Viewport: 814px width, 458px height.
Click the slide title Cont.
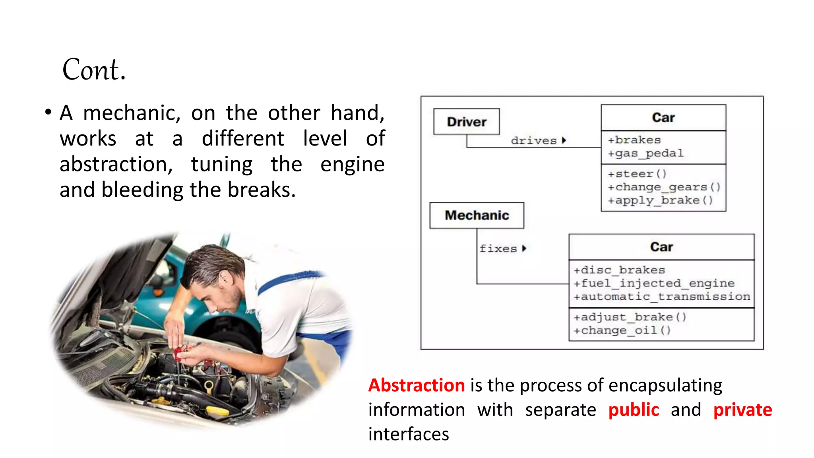pyautogui.click(x=94, y=70)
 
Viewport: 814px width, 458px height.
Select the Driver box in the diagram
pyautogui.click(x=467, y=122)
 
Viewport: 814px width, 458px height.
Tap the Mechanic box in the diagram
pyautogui.click(x=477, y=215)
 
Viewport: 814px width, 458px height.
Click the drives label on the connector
pyautogui.click(x=534, y=141)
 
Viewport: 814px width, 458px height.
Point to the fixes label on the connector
pyautogui.click(x=498, y=249)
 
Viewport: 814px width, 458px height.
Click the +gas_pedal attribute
pyautogui.click(x=646, y=153)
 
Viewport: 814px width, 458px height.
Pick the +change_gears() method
pyautogui.click(x=664, y=187)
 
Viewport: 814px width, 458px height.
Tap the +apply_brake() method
pyautogui.click(x=660, y=200)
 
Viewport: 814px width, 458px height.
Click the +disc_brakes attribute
pyautogui.click(x=619, y=270)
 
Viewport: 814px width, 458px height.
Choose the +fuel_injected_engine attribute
pyautogui.click(x=654, y=283)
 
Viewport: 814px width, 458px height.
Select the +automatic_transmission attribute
pyautogui.click(x=662, y=297)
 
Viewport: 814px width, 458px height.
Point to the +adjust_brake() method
pyautogui.click(x=630, y=317)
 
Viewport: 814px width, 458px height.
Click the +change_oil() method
pyautogui.click(x=622, y=330)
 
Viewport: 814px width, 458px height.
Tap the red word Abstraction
pyautogui.click(x=417, y=385)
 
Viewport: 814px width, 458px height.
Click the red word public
pyautogui.click(x=634, y=410)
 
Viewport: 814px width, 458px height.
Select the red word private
pyautogui.click(x=742, y=410)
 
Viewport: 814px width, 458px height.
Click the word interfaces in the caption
pyautogui.click(x=409, y=434)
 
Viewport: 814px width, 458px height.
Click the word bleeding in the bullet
pyautogui.click(x=143, y=190)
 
